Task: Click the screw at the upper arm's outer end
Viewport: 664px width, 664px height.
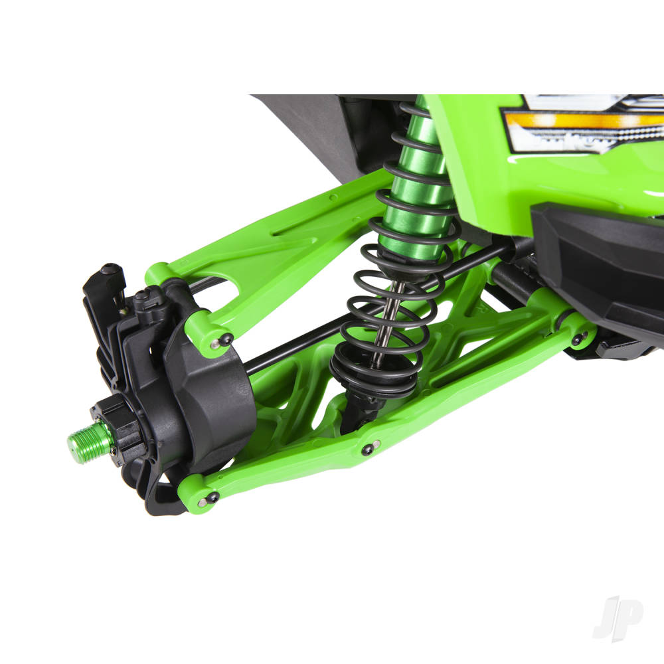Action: pyautogui.click(x=224, y=341)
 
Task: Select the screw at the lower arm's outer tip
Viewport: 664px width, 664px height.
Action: pyautogui.click(x=212, y=497)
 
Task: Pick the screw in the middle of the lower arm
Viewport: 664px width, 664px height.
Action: pyautogui.click(x=368, y=450)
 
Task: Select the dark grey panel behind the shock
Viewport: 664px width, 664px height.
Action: pyautogui.click(x=312, y=133)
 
